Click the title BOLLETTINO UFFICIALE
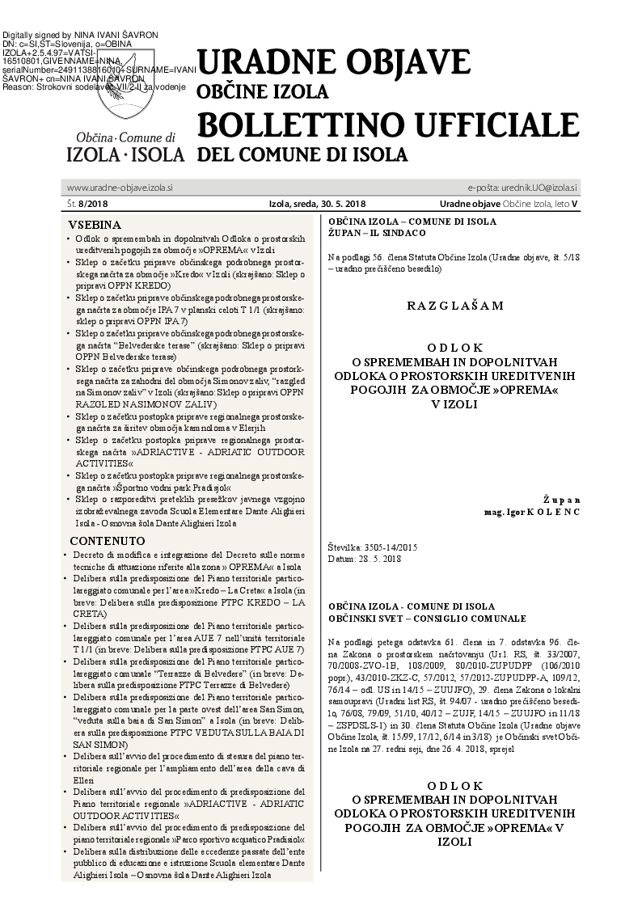point(388,125)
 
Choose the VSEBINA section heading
point(95,225)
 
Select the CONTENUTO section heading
point(108,540)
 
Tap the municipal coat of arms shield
point(125,89)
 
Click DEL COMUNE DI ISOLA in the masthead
point(302,154)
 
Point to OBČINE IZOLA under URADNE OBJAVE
point(263,91)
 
